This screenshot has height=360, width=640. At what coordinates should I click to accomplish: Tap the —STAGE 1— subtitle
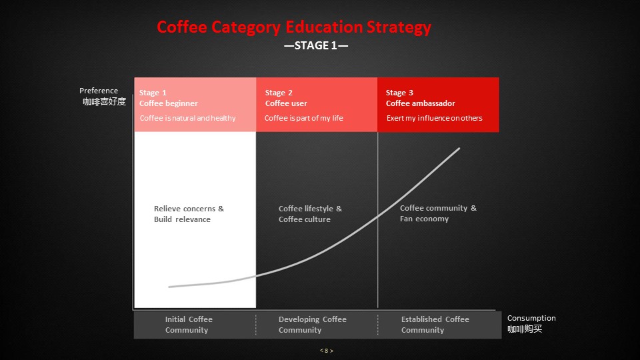316,45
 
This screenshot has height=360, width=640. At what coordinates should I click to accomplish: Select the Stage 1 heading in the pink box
153,93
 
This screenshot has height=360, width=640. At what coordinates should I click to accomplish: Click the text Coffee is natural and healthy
188,118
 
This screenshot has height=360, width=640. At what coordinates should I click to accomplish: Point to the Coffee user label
286,103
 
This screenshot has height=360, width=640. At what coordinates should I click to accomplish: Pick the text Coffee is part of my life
304,118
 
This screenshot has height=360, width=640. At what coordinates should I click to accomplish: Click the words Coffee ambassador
421,103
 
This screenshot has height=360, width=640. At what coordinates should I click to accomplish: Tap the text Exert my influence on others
434,118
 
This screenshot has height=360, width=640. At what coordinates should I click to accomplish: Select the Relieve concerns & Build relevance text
189,214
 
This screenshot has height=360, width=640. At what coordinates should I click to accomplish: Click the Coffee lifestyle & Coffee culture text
310,214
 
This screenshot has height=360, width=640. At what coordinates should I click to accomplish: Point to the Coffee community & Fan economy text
438,213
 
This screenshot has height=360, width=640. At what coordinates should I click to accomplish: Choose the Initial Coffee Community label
189,325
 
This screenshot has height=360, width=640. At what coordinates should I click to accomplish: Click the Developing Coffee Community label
312,325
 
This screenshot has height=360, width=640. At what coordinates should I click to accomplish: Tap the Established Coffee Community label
435,325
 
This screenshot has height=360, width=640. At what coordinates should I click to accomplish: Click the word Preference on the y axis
99,91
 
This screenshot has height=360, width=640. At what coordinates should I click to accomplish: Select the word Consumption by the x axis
531,318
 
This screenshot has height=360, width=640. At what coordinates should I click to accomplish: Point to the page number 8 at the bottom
327,351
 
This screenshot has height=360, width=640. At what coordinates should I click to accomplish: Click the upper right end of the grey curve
459,149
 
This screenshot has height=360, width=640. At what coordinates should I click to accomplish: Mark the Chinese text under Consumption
525,329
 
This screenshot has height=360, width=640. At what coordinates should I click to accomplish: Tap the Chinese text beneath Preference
104,101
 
